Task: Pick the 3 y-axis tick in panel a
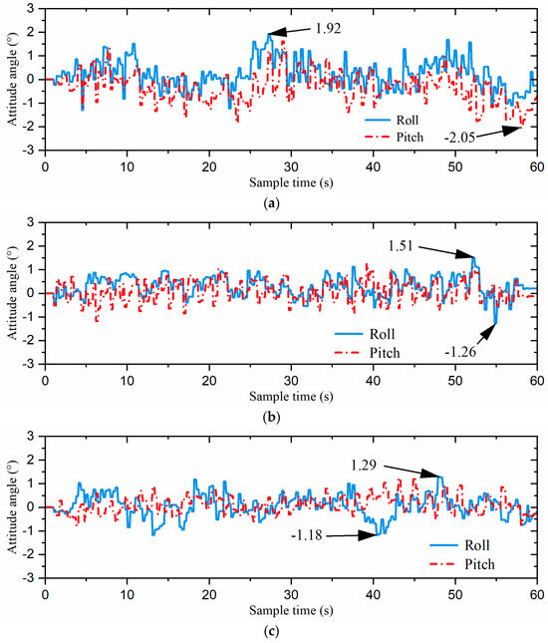(x=35, y=8)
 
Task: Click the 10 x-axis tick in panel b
(x=127, y=380)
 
